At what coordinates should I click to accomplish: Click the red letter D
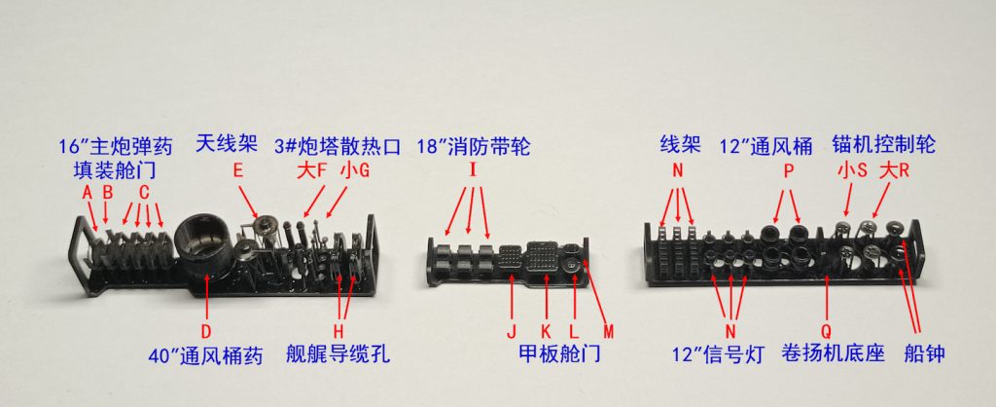point(206,331)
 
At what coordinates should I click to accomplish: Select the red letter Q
point(827,331)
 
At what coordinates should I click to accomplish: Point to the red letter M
point(609,331)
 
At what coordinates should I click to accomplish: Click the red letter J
point(512,331)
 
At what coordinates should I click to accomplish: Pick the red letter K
point(546,331)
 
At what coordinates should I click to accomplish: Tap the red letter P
point(788,170)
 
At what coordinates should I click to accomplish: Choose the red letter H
point(339,331)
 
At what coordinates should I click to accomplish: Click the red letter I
point(473,170)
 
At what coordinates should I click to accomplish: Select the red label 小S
point(850,170)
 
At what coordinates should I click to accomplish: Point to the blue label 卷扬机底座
point(835,353)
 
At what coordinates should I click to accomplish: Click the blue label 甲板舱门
point(559,353)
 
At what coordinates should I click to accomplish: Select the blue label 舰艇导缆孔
point(338,353)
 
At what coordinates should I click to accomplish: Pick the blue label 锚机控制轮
point(883,146)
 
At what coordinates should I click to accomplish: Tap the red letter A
point(87,192)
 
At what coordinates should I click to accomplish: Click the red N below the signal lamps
point(730,331)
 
